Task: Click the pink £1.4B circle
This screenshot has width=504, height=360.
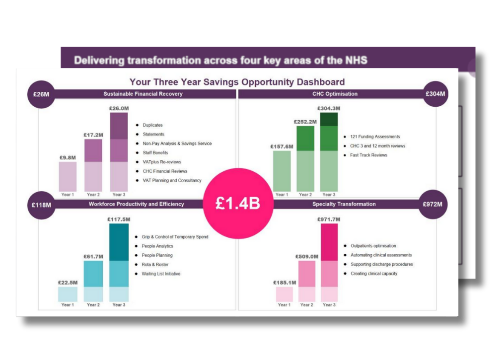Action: (x=238, y=204)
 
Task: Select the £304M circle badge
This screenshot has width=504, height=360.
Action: (x=435, y=94)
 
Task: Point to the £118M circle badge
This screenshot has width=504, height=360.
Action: (x=41, y=204)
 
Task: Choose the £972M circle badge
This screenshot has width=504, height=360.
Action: (x=432, y=204)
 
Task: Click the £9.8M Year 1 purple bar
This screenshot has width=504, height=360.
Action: (x=68, y=176)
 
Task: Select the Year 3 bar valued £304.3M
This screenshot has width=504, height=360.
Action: (x=329, y=152)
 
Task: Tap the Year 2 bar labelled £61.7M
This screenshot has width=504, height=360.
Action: (x=93, y=281)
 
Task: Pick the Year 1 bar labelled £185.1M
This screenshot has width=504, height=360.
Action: (x=285, y=294)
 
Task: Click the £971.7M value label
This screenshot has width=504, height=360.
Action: (x=329, y=219)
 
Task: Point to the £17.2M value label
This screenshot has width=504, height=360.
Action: (x=93, y=135)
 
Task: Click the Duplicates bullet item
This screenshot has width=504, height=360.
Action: (x=152, y=125)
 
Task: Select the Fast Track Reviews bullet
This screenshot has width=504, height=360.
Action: (x=368, y=155)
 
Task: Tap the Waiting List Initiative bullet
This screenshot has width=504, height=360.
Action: (x=161, y=274)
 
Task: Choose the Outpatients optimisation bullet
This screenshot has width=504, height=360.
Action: (x=373, y=246)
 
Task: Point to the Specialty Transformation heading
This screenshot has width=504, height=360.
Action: (x=344, y=204)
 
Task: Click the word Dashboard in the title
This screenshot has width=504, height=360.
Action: (x=318, y=82)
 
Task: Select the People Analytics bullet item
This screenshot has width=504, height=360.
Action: (x=158, y=246)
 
